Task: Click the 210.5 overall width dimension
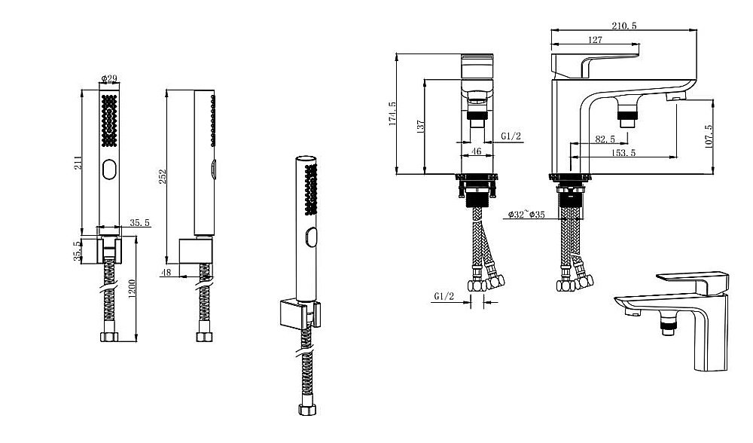click(x=623, y=26)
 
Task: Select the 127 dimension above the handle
click(x=595, y=40)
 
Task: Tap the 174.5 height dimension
click(x=392, y=114)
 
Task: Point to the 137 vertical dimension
click(x=421, y=127)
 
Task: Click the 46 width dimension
click(x=477, y=151)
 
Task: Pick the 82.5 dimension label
click(x=605, y=139)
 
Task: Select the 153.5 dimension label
click(x=623, y=153)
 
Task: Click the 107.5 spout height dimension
click(x=709, y=136)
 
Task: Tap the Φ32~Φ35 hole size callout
click(x=526, y=214)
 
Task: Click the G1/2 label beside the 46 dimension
click(x=511, y=136)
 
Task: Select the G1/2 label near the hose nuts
click(x=444, y=296)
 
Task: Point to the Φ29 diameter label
click(x=109, y=78)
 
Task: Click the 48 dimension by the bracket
click(x=166, y=273)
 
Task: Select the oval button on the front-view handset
click(x=109, y=169)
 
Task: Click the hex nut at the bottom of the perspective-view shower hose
click(x=307, y=409)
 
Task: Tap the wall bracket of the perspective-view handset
click(x=299, y=314)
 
